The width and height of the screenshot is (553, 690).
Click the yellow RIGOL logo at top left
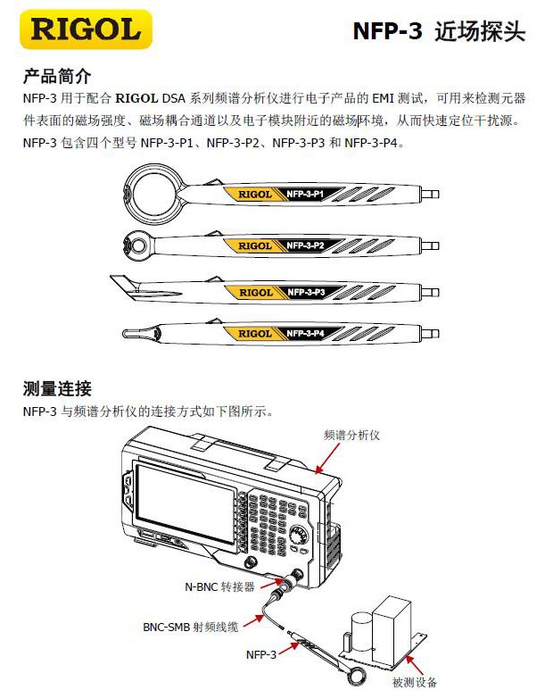point(86,30)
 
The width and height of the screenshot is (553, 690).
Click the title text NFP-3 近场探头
point(439,32)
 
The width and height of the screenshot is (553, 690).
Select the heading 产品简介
point(56,76)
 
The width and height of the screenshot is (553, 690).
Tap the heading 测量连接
point(56,389)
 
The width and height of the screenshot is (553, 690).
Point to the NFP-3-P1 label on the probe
point(310,194)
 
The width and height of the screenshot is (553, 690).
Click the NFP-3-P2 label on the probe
point(310,245)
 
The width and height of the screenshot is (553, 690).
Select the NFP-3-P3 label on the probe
point(310,292)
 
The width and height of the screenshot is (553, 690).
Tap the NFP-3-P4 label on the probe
point(310,333)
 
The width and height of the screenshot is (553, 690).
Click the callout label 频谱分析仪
point(351,435)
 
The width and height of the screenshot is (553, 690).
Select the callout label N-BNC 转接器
point(219,586)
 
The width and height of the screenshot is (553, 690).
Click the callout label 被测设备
point(415,682)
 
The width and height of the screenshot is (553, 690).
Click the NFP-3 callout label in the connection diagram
point(261,654)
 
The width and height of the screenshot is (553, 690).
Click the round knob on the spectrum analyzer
point(300,535)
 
